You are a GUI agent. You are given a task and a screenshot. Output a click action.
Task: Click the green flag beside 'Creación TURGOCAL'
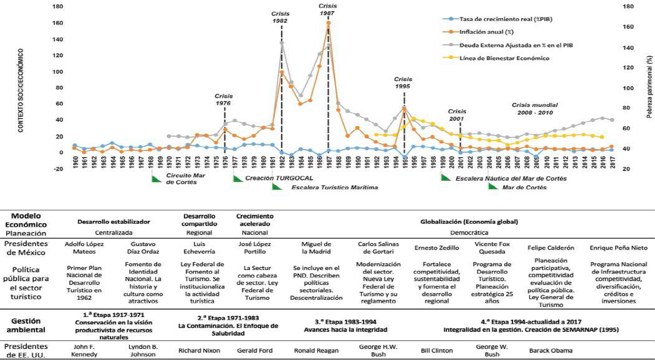point(237,178)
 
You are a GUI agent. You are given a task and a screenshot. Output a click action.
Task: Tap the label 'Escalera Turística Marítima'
point(334,188)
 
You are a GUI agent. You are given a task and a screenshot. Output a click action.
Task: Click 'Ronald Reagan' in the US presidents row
point(316,351)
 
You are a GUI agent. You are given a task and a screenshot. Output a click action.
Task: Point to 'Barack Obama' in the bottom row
point(550,351)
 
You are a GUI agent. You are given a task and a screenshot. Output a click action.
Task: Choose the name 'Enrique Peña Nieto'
point(619,248)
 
